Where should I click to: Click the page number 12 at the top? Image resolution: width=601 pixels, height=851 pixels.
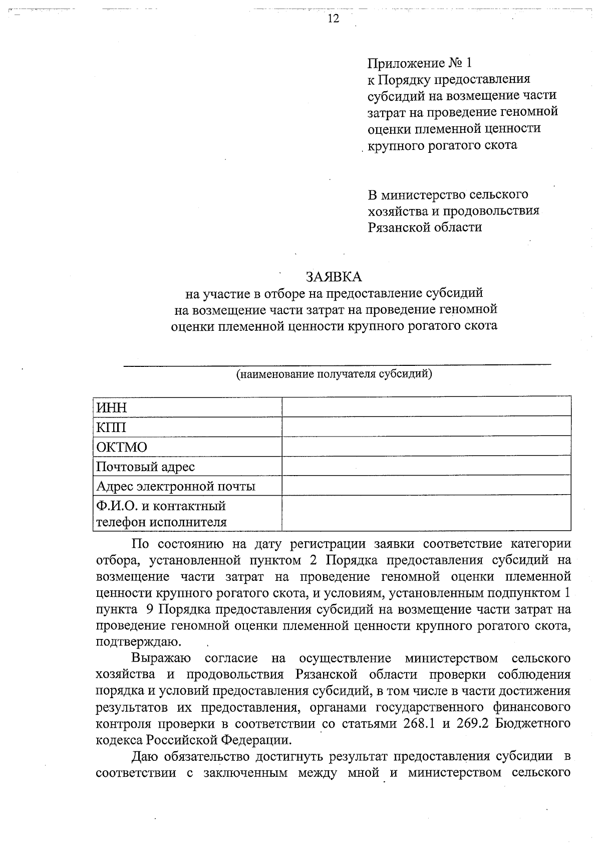[x=334, y=19]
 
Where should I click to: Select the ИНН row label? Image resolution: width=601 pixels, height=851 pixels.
[x=112, y=408]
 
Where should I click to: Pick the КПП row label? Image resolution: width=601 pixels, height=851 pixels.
[x=111, y=428]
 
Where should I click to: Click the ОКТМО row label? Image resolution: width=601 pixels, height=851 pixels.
[x=122, y=447]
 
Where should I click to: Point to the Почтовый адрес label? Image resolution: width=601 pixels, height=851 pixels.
[x=145, y=467]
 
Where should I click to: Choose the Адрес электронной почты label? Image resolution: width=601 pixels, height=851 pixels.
[x=175, y=487]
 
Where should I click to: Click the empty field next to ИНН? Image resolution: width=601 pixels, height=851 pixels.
[x=426, y=407]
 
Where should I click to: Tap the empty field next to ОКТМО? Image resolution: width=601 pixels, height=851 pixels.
[x=426, y=447]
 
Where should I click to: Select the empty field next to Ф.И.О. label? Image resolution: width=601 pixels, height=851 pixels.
[x=426, y=513]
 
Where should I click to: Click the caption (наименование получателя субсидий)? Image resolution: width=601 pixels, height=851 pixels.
[x=334, y=374]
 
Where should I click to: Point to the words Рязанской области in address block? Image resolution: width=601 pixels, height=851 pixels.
[x=425, y=227]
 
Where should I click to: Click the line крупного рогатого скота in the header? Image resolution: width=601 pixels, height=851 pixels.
[x=443, y=145]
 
